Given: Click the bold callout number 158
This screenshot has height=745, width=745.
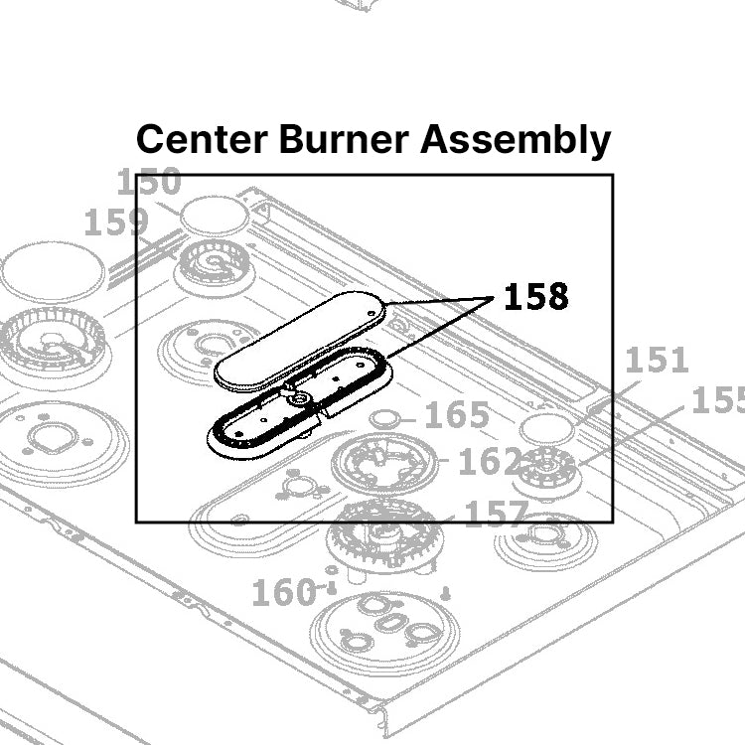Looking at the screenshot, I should pyautogui.click(x=536, y=297).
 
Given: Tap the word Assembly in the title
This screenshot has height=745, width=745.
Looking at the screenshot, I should pyautogui.click(x=515, y=140).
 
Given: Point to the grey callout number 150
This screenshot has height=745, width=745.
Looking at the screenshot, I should pyautogui.click(x=149, y=183).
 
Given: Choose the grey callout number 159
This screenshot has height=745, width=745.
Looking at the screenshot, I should pyautogui.click(x=115, y=223).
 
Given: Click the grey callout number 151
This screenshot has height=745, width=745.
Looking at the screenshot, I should pyautogui.click(x=656, y=360).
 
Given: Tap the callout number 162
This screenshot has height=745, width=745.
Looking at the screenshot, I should pyautogui.click(x=489, y=462).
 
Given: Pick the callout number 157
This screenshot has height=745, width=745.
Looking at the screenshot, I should pyautogui.click(x=496, y=514).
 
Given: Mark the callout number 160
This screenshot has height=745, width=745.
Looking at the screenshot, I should pyautogui.click(x=283, y=593).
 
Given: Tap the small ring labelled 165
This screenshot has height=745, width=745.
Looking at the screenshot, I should pyautogui.click(x=386, y=416).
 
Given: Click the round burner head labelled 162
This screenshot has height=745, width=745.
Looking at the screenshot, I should pyautogui.click(x=384, y=463).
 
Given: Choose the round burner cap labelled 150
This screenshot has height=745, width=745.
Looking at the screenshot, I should pyautogui.click(x=214, y=214).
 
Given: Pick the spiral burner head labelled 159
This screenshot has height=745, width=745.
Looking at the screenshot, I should pyautogui.click(x=214, y=263).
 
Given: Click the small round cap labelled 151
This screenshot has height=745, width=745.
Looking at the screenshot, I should pyautogui.click(x=547, y=427).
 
